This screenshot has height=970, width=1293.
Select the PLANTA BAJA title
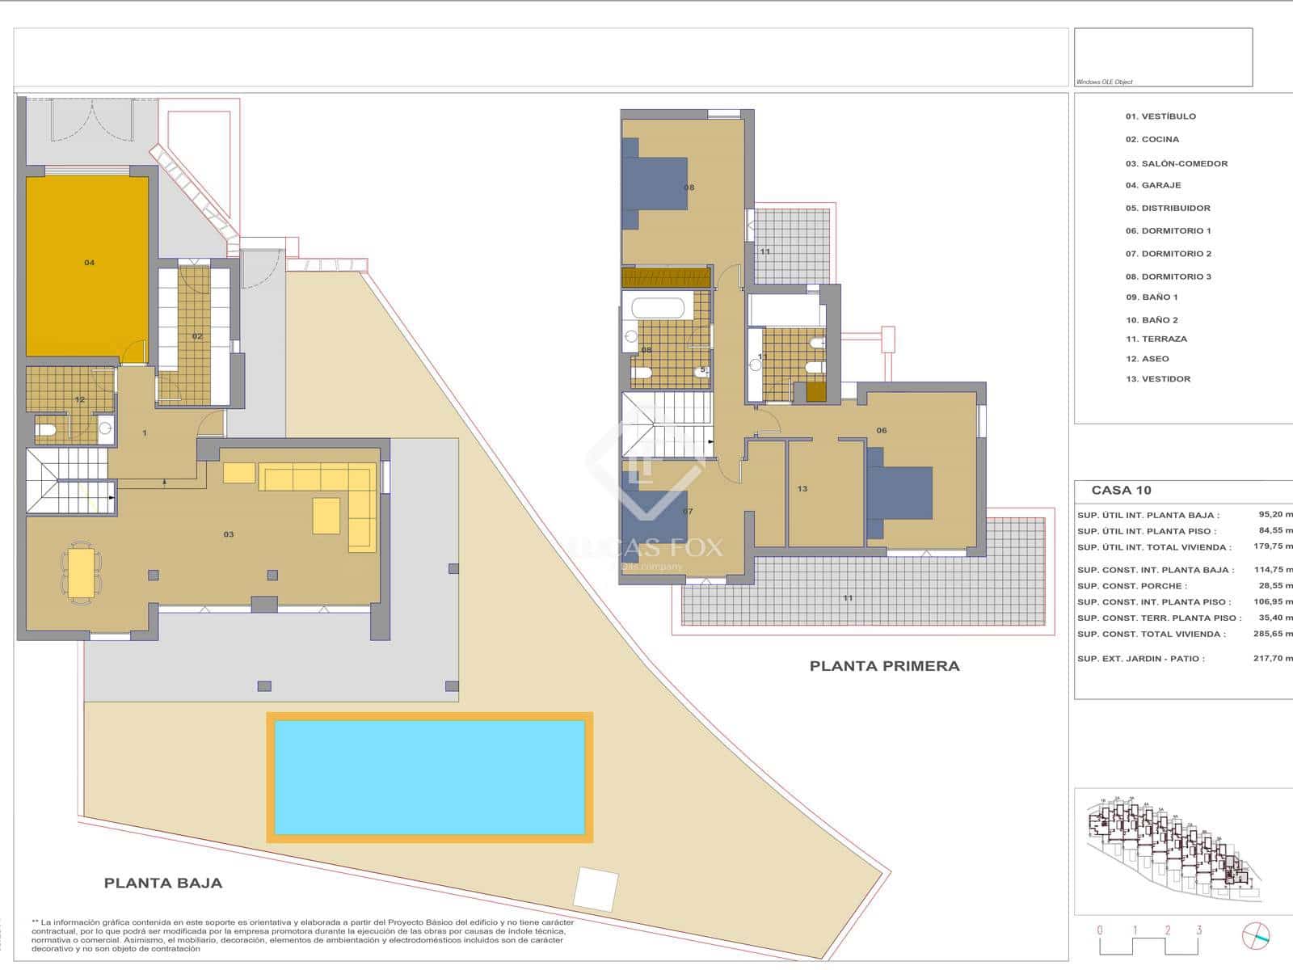coord(162,884)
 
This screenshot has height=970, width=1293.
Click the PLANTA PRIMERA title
coord(884,666)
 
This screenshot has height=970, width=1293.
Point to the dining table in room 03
coord(81,573)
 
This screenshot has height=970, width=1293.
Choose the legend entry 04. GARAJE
coord(1153,185)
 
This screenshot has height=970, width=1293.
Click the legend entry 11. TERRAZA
coord(1156,339)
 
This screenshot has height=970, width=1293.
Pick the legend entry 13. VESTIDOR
coord(1157,378)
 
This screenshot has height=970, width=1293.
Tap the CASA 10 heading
coord(1121,490)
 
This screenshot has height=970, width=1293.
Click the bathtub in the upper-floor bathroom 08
coord(658,308)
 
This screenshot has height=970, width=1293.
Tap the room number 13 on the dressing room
coord(802,489)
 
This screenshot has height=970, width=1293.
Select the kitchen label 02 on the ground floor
coord(197,336)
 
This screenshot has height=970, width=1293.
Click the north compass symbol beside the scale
coord(1255,935)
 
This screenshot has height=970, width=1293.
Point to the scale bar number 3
coord(1198,930)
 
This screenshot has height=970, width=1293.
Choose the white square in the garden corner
coord(596,889)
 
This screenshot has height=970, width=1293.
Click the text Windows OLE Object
coord(1104,82)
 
